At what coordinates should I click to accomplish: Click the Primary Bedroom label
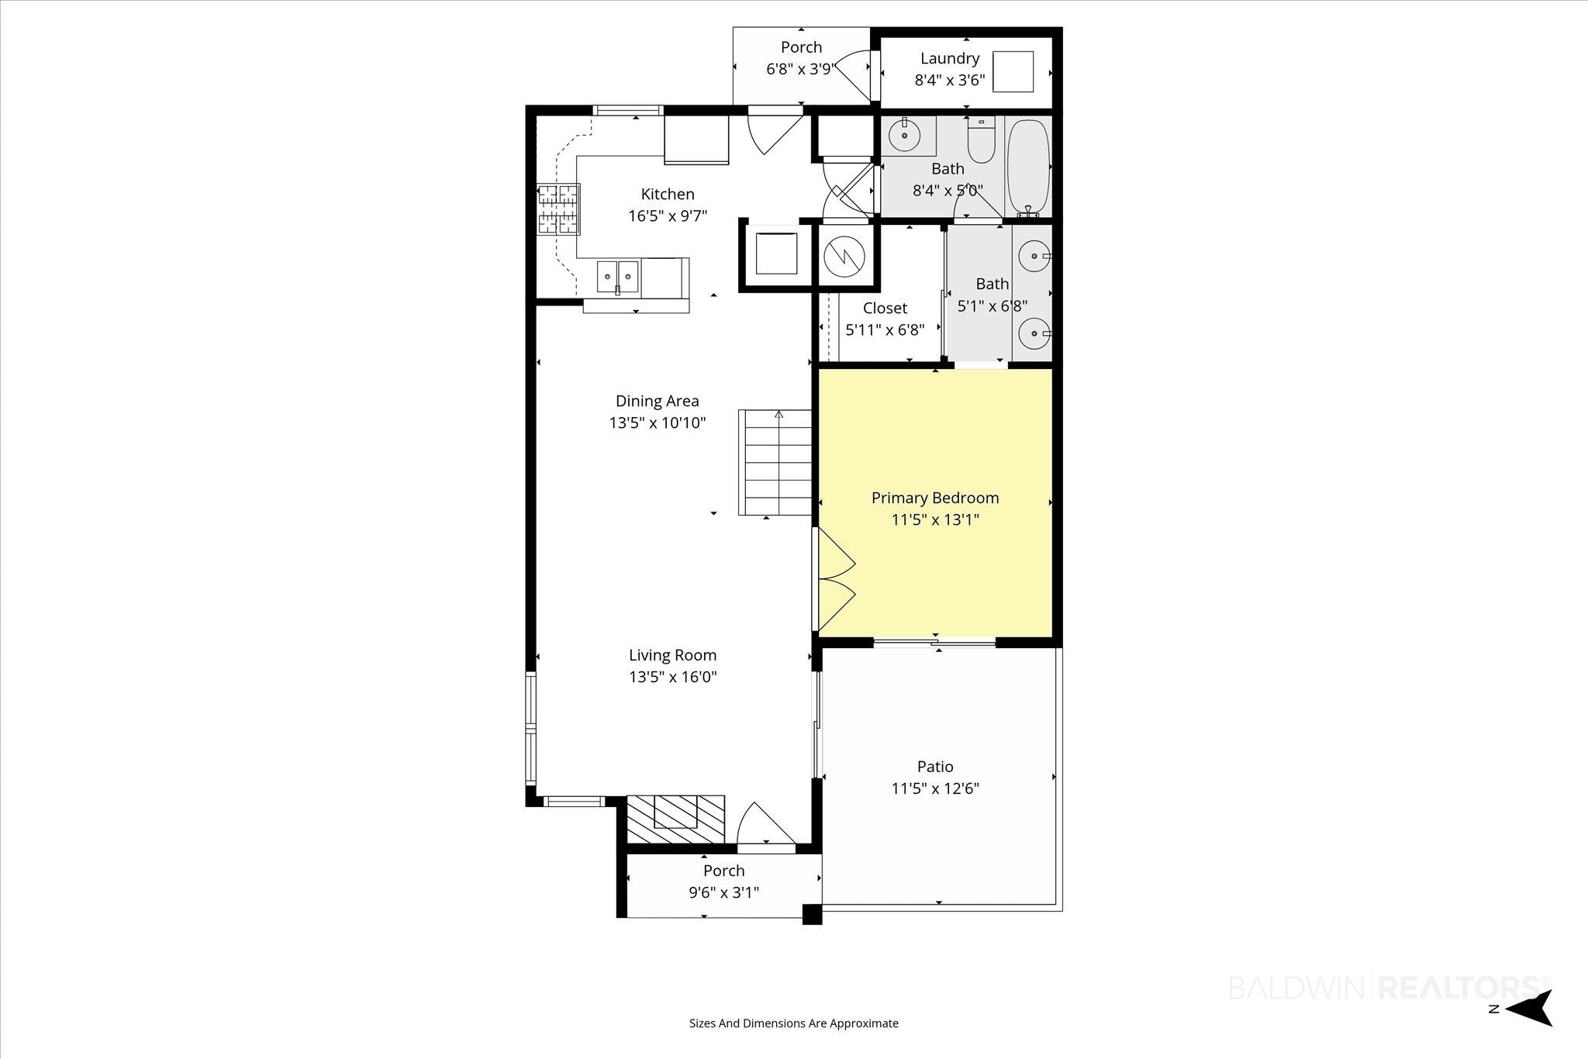click(935, 498)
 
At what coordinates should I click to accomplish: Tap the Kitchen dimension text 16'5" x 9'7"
click(668, 216)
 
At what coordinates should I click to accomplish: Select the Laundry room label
click(950, 58)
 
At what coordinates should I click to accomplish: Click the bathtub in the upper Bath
click(1028, 167)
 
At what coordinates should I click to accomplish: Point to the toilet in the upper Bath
click(981, 140)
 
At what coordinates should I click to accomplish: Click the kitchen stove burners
click(558, 209)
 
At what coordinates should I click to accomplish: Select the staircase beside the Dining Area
click(775, 463)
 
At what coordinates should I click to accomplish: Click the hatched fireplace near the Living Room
click(675, 819)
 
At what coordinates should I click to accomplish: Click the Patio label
click(935, 767)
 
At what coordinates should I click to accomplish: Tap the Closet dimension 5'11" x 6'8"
click(885, 330)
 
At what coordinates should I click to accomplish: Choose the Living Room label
click(672, 655)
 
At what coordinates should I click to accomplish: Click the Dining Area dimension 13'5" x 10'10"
click(658, 423)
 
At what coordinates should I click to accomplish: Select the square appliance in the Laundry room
click(1013, 71)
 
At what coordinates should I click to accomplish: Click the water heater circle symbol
click(843, 256)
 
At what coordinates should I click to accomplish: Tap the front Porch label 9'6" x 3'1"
click(723, 881)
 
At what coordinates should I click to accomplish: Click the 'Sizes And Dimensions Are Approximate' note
click(794, 1023)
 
